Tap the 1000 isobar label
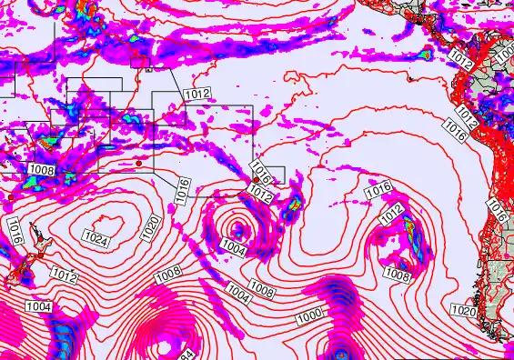point(309,315)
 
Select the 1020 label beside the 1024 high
point(150,227)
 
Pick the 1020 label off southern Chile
point(464,312)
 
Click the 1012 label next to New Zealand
point(64,275)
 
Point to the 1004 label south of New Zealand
point(38,307)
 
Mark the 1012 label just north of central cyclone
point(259,195)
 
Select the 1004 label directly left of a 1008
point(238,293)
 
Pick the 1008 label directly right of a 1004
point(262,291)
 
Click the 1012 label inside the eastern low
point(392,212)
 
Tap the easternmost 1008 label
point(397,273)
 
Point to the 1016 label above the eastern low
point(378,189)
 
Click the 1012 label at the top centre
point(197,93)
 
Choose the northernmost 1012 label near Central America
point(460,63)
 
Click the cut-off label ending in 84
point(185,355)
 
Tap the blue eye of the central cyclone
point(238,228)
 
